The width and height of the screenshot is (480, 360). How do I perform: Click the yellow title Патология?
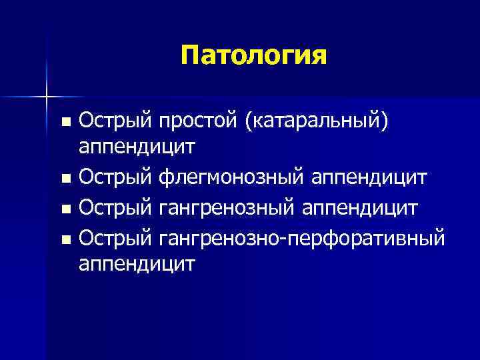tap(253, 56)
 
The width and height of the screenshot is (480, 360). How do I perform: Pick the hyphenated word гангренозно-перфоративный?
tap(301, 236)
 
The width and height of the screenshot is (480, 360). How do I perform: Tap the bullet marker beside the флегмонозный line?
tap(65, 179)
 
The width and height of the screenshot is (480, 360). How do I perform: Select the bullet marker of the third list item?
tap(65, 209)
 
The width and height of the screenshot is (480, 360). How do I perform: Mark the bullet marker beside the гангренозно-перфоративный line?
tap(65, 237)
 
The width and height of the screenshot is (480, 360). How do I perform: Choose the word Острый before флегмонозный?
tap(116, 178)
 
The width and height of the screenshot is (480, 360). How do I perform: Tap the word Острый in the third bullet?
tap(116, 207)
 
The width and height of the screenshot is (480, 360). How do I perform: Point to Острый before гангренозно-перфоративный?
tap(116, 236)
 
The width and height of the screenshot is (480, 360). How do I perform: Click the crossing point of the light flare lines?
tap(46, 97)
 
